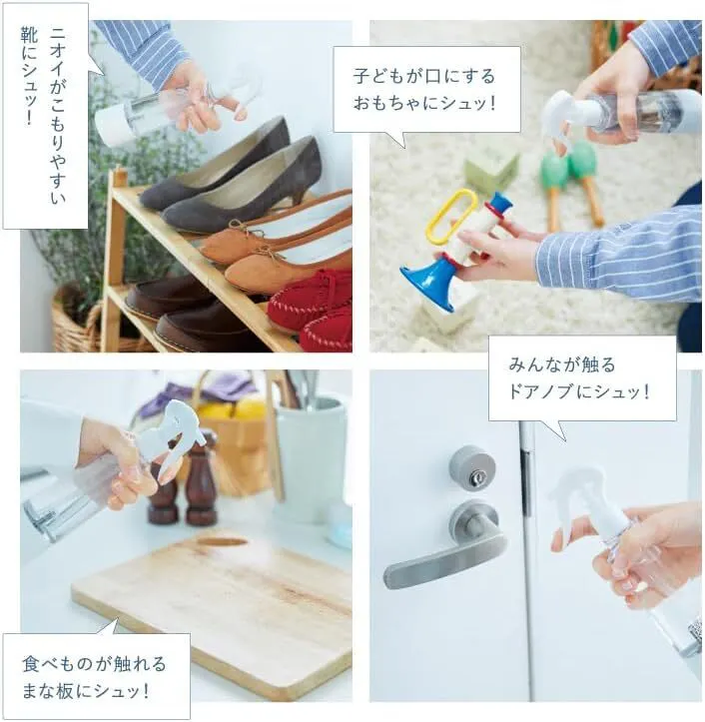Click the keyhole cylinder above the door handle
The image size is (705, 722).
(x=472, y=467)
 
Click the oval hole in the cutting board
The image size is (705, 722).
(x=223, y=541)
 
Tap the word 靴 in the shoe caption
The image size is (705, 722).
(x=29, y=36)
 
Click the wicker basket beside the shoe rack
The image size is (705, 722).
(x=76, y=323)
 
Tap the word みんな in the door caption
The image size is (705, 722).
(x=533, y=364)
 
